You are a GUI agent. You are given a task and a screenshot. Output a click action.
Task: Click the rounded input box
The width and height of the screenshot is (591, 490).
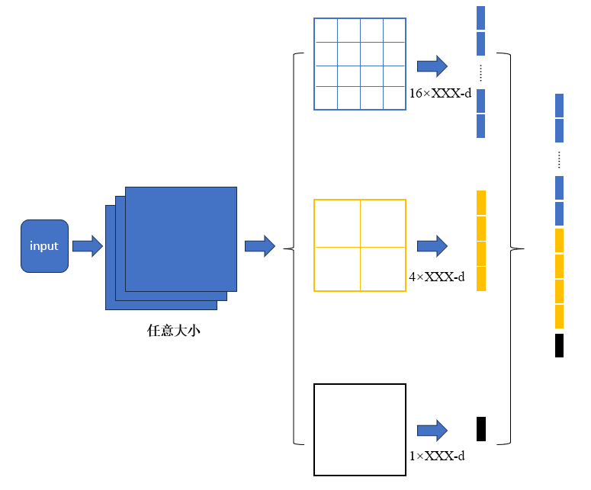(x=44, y=246)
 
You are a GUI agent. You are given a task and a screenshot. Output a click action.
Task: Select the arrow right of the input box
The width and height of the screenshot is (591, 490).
(x=87, y=246)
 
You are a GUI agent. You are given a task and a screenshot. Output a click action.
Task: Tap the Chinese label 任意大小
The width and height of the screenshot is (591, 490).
(x=174, y=331)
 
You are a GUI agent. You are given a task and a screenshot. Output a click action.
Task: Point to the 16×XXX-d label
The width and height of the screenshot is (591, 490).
(x=440, y=93)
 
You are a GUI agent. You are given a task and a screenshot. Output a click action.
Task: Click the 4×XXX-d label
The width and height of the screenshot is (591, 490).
(x=436, y=277)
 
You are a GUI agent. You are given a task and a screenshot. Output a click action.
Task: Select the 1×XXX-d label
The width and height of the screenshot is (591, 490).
(x=436, y=456)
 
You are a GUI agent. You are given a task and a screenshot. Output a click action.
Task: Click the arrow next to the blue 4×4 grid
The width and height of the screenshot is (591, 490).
(x=432, y=66)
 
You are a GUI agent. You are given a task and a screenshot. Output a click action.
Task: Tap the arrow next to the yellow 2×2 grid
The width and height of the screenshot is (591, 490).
(x=432, y=245)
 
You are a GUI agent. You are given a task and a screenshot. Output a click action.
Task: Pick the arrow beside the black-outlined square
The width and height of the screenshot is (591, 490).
(x=432, y=430)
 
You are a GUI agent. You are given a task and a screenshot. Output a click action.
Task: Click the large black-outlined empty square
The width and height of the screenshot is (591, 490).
(x=360, y=430)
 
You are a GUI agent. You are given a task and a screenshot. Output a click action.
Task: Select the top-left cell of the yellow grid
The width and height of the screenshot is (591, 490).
(x=337, y=223)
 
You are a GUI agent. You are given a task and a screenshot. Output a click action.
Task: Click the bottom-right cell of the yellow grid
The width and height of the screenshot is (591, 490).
(x=383, y=268)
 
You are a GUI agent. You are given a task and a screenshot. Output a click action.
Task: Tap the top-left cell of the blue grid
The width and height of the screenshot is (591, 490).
(x=326, y=30)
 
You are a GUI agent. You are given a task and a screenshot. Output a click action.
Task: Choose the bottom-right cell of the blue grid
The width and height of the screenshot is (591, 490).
(x=394, y=98)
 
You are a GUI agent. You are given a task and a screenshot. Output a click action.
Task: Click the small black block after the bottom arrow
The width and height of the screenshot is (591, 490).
(x=480, y=428)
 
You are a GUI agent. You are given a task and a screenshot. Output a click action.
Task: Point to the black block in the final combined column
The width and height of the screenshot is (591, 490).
(x=559, y=345)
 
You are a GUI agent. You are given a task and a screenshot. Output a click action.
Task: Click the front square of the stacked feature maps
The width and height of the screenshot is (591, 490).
(x=181, y=239)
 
